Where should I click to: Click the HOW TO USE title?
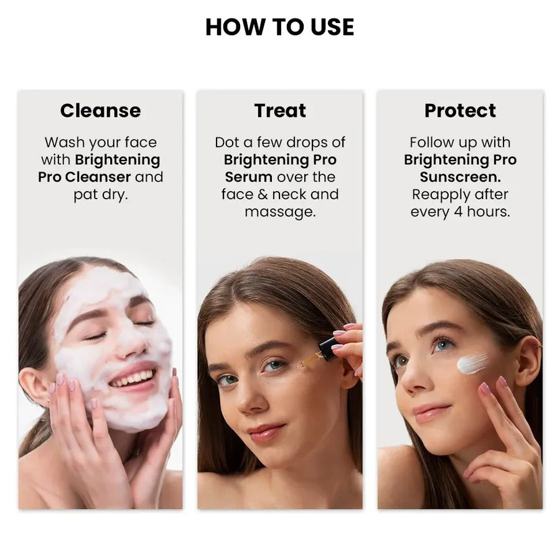tap(279, 27)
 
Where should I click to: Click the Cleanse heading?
tap(100, 111)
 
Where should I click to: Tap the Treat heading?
tap(280, 111)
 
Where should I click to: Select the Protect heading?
tap(460, 111)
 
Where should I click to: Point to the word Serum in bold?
tap(248, 177)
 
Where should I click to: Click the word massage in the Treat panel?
tap(279, 212)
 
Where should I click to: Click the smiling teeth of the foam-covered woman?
tap(133, 378)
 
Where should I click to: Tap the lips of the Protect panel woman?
tap(432, 412)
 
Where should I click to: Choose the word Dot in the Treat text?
tap(226, 142)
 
